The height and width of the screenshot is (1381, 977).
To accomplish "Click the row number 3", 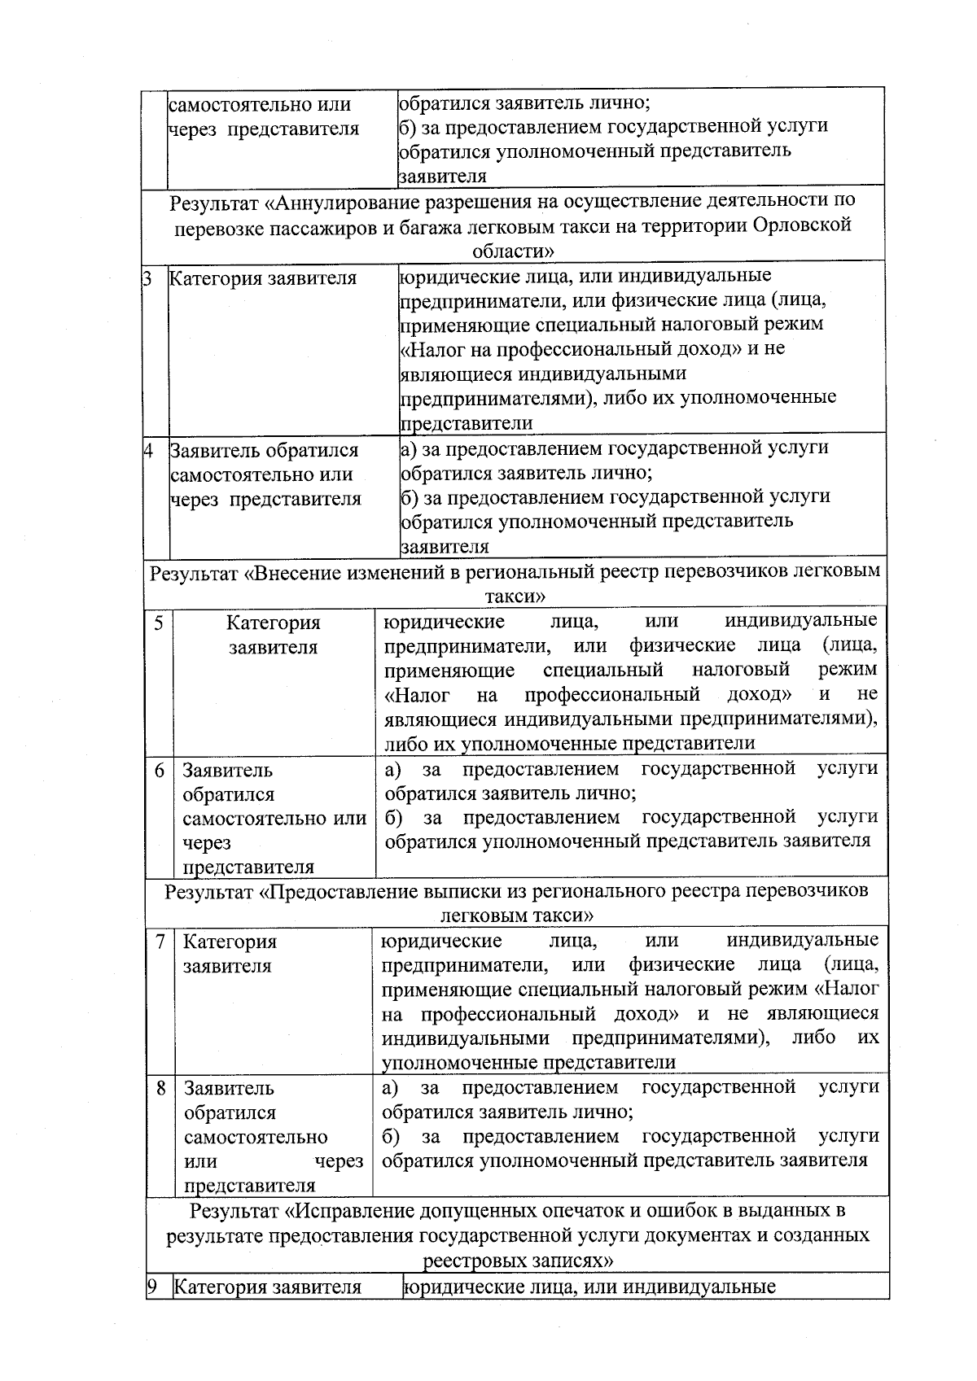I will [x=148, y=279].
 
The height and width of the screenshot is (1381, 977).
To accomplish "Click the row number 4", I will [x=149, y=450].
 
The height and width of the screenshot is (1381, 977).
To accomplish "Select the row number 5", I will [x=159, y=623].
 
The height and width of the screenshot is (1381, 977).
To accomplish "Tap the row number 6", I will [x=160, y=770].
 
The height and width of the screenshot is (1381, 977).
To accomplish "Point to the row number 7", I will [x=161, y=942].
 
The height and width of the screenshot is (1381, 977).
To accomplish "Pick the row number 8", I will [x=162, y=1088].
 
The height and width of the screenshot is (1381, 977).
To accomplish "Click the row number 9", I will [x=151, y=1287].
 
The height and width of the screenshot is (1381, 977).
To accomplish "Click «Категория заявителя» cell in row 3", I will [x=263, y=279].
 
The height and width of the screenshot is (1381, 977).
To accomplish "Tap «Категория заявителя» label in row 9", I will [x=268, y=1287].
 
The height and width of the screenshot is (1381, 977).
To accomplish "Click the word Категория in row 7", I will [x=230, y=942].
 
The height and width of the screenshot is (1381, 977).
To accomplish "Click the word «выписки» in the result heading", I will [x=457, y=891].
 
